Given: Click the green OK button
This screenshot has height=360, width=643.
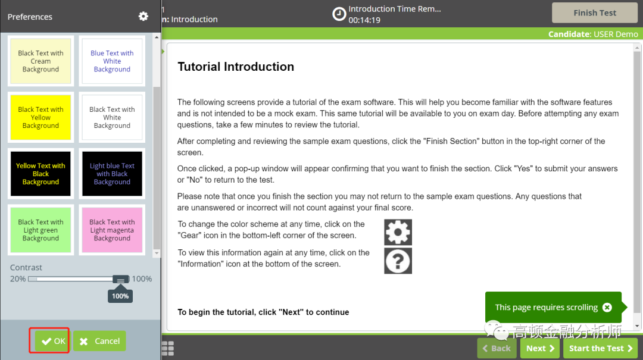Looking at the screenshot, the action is click(52, 341).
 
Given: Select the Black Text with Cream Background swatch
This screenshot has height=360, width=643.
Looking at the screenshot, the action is click(40, 61).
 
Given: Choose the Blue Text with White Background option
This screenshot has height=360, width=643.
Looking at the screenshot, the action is click(112, 61).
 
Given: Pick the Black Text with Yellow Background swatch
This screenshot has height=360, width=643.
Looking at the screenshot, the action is click(40, 117).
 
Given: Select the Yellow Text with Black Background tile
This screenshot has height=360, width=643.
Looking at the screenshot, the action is click(40, 174).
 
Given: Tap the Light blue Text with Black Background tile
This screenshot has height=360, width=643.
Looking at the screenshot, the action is click(112, 174).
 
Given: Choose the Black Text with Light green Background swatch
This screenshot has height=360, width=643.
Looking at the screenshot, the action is click(40, 230).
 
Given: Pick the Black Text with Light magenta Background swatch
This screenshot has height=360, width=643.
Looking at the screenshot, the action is click(112, 230).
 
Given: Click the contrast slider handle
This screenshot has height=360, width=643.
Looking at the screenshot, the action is click(120, 279).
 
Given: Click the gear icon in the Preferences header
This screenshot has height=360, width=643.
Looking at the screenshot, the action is click(143, 17).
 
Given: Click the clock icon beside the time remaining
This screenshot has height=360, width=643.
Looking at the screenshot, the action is click(339, 14).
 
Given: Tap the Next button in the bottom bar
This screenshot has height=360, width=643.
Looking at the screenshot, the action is click(539, 348).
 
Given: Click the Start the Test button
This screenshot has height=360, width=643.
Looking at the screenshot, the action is click(600, 348).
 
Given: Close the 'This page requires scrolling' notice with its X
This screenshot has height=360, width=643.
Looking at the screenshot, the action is click(607, 308).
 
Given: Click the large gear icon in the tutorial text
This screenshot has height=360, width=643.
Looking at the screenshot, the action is click(398, 232).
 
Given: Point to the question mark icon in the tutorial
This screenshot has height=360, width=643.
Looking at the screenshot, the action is click(398, 261).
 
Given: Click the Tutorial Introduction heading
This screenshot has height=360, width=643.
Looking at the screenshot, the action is click(236, 67).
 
